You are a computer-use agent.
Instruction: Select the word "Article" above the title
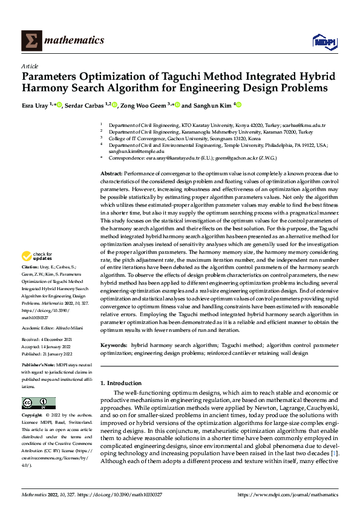coord(30,66)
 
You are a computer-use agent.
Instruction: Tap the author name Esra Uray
coord(36,105)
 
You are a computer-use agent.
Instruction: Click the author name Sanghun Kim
coord(212,105)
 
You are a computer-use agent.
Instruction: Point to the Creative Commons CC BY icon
coord(38,403)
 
